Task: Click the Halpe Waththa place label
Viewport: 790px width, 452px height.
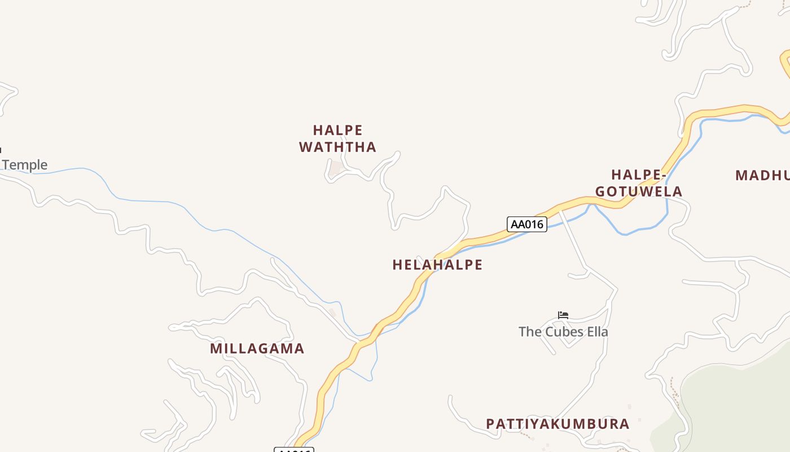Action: point(337,138)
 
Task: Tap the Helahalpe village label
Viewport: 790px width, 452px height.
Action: point(437,264)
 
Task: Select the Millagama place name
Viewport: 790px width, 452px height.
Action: point(257,349)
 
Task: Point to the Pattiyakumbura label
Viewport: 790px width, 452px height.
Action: point(558,424)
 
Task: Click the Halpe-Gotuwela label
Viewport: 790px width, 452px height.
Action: point(639,183)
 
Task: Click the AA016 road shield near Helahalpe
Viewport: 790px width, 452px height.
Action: point(526,224)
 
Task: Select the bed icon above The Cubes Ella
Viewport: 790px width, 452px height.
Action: point(563,315)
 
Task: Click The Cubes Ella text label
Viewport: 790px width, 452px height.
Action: point(563,332)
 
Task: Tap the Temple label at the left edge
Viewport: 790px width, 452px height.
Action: point(24,165)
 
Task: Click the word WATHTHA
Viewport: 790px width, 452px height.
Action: point(337,147)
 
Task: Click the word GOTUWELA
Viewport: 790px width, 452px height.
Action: point(639,192)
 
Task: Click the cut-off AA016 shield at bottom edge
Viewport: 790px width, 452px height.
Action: point(293,450)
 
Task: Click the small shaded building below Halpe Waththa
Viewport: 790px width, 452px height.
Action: point(336,168)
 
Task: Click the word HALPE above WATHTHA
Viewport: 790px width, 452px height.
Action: point(337,130)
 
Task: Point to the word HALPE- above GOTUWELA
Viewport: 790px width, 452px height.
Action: point(639,175)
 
